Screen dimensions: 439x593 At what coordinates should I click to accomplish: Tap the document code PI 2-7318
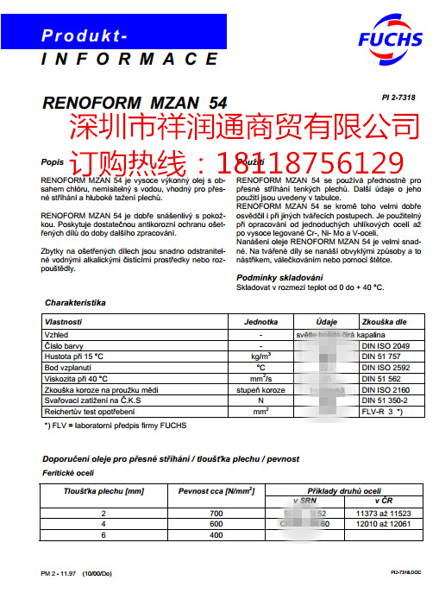pos(398,98)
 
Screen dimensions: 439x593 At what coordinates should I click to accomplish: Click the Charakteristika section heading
pos(74,304)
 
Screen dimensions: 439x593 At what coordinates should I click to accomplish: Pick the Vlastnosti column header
pos(64,321)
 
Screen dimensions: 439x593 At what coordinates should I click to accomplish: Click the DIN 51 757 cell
pos(379,356)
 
